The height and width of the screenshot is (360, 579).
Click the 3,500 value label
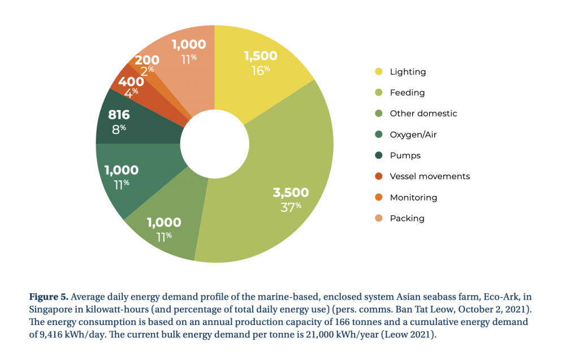pyautogui.click(x=291, y=193)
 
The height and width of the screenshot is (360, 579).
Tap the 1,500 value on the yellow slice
pyautogui.click(x=261, y=55)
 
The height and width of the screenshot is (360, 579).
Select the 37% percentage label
pyautogui.click(x=291, y=207)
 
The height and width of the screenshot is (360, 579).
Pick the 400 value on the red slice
pyautogui.click(x=131, y=81)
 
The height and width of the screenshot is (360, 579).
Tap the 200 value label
pyautogui.click(x=146, y=60)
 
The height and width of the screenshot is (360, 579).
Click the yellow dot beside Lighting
pyautogui.click(x=378, y=72)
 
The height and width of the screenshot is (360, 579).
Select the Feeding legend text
pyautogui.click(x=407, y=93)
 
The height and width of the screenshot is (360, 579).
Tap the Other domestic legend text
pyautogui.click(x=423, y=114)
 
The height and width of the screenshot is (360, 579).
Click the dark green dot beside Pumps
pyautogui.click(x=378, y=155)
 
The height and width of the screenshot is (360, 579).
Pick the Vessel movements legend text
pyautogui.click(x=430, y=176)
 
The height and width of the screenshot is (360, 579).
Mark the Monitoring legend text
pyautogui.click(x=413, y=197)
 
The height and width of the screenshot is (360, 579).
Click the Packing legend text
pyautogui.click(x=407, y=218)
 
